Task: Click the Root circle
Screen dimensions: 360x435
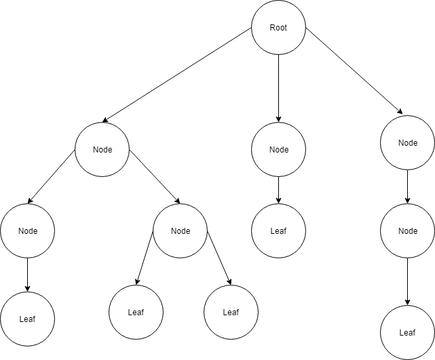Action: click(x=278, y=28)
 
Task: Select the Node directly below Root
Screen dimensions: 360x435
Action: click(x=278, y=150)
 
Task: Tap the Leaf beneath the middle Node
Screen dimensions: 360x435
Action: click(x=278, y=231)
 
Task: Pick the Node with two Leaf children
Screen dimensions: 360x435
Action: click(x=181, y=231)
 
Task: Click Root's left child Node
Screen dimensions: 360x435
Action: click(x=102, y=150)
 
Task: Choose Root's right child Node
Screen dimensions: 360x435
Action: click(x=407, y=143)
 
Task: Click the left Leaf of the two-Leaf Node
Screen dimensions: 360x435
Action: click(x=136, y=313)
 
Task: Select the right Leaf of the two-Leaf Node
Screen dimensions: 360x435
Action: click(x=231, y=313)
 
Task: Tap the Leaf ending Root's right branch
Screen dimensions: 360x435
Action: click(x=407, y=332)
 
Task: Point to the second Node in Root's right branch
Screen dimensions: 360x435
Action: click(x=407, y=231)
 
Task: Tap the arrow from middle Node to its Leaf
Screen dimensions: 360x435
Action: click(x=278, y=190)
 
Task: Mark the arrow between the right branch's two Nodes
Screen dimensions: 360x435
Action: click(x=407, y=186)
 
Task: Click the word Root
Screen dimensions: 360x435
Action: click(x=278, y=28)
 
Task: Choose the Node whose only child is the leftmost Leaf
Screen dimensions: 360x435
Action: click(x=27, y=231)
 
